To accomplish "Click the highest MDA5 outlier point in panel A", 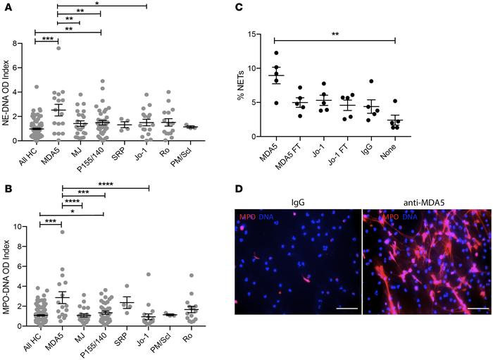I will tap(59, 48).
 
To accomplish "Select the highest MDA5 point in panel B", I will tap(62, 232).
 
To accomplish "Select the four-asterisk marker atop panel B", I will tap(106, 184).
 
